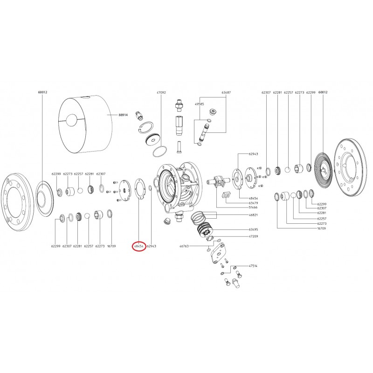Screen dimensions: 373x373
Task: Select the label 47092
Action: [161, 93]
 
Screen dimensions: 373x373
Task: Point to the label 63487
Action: [226, 93]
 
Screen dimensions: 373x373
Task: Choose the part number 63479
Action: [253, 203]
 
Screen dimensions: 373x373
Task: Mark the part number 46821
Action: [253, 215]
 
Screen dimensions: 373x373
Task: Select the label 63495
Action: [253, 229]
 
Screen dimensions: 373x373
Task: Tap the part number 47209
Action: [253, 237]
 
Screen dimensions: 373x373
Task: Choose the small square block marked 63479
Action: [226, 195]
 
